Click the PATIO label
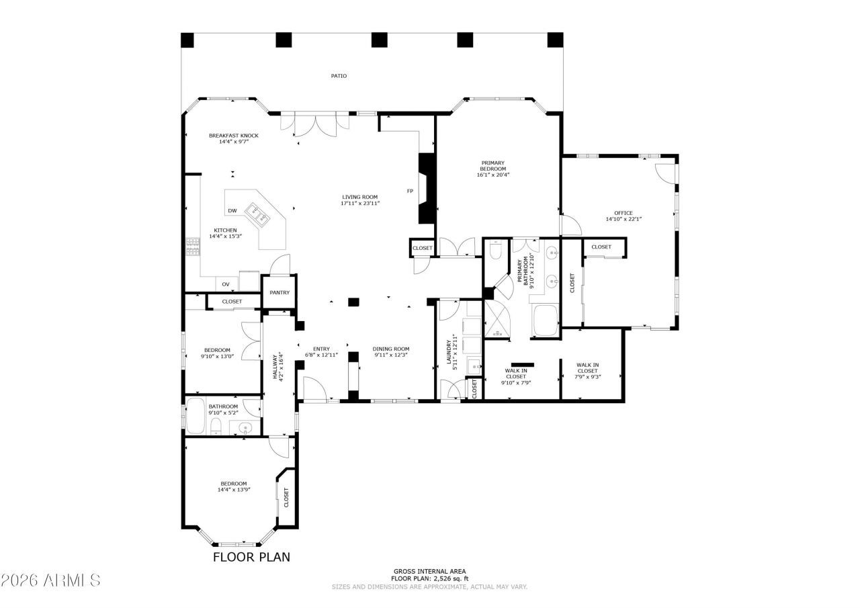tap(339, 76)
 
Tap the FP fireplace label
tap(409, 191)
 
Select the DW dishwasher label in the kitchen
tap(232, 211)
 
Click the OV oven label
tap(226, 284)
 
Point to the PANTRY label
tap(279, 292)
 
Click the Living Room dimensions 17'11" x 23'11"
tap(360, 203)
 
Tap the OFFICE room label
tap(623, 213)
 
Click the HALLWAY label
tap(275, 367)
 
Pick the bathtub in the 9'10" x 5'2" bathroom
tap(196, 415)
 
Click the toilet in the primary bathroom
tap(497, 251)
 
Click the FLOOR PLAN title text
tap(251, 557)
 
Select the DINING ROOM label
tap(391, 349)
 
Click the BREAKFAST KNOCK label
tap(233, 136)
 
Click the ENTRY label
tap(321, 349)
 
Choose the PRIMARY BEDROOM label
tap(492, 165)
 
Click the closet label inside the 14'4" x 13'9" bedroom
tap(286, 498)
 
